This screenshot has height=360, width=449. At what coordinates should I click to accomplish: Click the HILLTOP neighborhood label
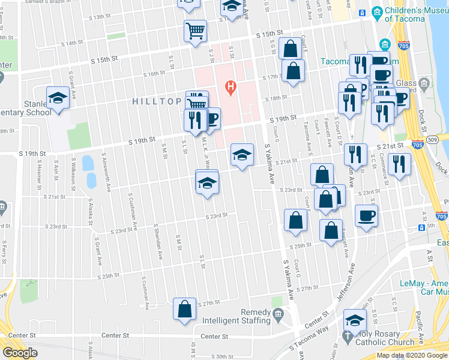tap(158, 102)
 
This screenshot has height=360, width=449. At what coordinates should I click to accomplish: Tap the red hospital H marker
tap(230, 88)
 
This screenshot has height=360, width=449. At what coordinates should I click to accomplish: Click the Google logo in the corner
tap(20, 352)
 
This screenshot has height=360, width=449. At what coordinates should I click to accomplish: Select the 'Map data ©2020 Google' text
tap(411, 355)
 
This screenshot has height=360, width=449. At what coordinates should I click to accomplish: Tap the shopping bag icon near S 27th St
tap(185, 308)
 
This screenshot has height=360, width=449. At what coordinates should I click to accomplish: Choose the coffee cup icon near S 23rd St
tap(366, 216)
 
